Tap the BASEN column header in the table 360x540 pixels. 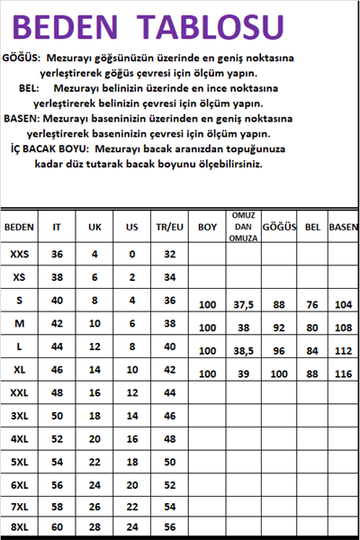pos(343,228)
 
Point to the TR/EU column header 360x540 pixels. pos(168,228)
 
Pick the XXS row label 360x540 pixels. pos(19,255)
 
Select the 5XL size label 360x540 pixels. pos(19,463)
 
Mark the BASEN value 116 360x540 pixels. pos(343,373)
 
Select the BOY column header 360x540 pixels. pos(207,228)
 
